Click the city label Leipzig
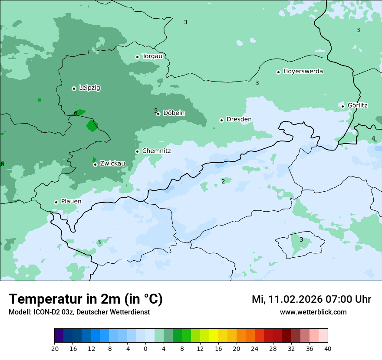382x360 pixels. pos(89,88)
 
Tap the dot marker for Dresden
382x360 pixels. pos(221,120)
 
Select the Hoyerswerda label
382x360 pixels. pos(303,72)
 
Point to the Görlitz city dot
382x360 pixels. pos(342,106)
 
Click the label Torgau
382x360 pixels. pos(152,56)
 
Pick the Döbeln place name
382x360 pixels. pos(174,113)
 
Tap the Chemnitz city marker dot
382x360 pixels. pos(137,151)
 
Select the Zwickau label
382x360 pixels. pos(112,164)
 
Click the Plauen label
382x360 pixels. pos(71,202)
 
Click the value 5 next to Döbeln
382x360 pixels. pos(156,111)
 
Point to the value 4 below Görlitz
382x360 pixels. pos(373,139)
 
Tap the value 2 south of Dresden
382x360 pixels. pos(223,181)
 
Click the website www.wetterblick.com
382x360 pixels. pos(313,312)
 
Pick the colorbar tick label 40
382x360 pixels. pos(327,349)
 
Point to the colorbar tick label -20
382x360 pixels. pos(54,349)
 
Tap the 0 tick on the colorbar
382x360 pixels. pos(145,349)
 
